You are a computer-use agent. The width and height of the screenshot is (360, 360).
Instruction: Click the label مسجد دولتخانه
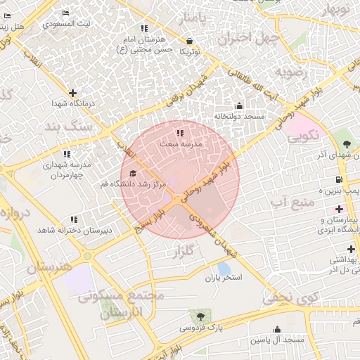[238, 116]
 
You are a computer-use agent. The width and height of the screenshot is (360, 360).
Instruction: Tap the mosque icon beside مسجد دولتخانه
[238, 106]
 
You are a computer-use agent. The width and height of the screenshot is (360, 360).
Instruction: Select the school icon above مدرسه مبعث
[180, 132]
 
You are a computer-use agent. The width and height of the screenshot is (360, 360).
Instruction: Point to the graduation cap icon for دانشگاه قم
[134, 174]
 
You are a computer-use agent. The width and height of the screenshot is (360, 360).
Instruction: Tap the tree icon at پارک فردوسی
[201, 316]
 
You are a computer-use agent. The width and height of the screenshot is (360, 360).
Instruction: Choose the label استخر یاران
[223, 278]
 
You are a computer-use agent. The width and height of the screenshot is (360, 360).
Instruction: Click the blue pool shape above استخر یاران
[224, 268]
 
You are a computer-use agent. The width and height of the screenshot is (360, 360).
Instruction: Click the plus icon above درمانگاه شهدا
[72, 93]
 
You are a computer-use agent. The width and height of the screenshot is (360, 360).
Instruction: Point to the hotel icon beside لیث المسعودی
[65, 13]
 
